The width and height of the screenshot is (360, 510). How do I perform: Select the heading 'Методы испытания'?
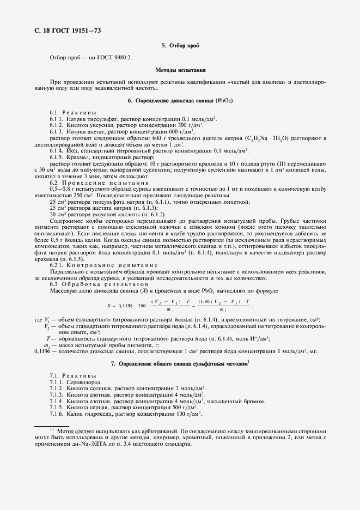point(180,70)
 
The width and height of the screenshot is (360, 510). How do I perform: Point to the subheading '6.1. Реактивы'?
point(76,112)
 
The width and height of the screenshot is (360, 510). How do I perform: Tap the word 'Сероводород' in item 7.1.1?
point(82,383)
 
